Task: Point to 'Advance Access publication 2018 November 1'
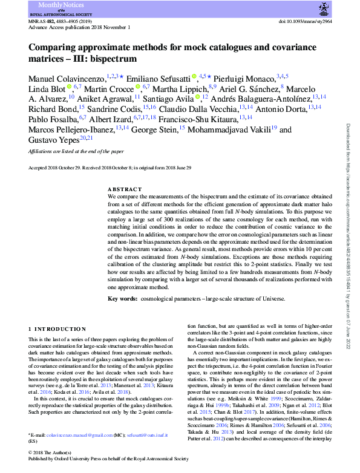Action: [79, 27]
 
